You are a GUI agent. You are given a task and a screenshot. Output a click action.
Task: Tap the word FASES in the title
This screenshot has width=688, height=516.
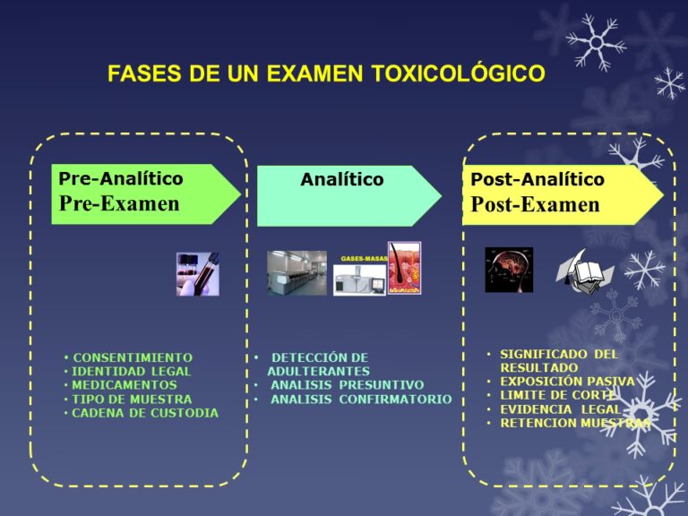tap(144, 73)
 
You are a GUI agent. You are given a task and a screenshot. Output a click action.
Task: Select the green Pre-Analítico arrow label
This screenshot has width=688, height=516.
tap(121, 178)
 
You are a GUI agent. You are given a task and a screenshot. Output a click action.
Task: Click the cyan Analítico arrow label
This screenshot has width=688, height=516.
tap(341, 180)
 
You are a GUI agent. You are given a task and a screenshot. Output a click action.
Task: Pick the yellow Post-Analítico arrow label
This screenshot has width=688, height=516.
tap(537, 180)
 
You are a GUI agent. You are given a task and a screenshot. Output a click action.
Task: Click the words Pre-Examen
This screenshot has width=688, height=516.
tap(119, 203)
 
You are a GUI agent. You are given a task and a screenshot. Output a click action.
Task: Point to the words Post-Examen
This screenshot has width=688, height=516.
tap(535, 204)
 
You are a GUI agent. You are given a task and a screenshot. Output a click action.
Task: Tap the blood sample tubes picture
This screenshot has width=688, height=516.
tap(197, 273)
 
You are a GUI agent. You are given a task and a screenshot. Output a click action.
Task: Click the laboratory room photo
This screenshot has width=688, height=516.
tap(297, 273)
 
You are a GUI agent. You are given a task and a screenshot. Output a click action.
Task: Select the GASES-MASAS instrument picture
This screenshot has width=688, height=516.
tap(359, 277)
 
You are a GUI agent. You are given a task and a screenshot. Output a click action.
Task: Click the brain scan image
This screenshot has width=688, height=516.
tap(508, 270)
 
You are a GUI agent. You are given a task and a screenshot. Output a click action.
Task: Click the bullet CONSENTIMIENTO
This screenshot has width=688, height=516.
tap(133, 357)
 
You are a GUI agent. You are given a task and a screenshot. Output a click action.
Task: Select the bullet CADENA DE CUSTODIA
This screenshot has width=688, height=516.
tap(144, 413)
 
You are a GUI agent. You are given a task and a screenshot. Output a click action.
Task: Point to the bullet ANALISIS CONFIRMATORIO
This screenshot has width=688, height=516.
tap(360, 400)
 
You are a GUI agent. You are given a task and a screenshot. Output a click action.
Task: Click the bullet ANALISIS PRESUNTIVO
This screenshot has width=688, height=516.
tap(347, 385)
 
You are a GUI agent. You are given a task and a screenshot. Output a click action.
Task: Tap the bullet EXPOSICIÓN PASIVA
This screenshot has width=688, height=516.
tap(566, 382)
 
